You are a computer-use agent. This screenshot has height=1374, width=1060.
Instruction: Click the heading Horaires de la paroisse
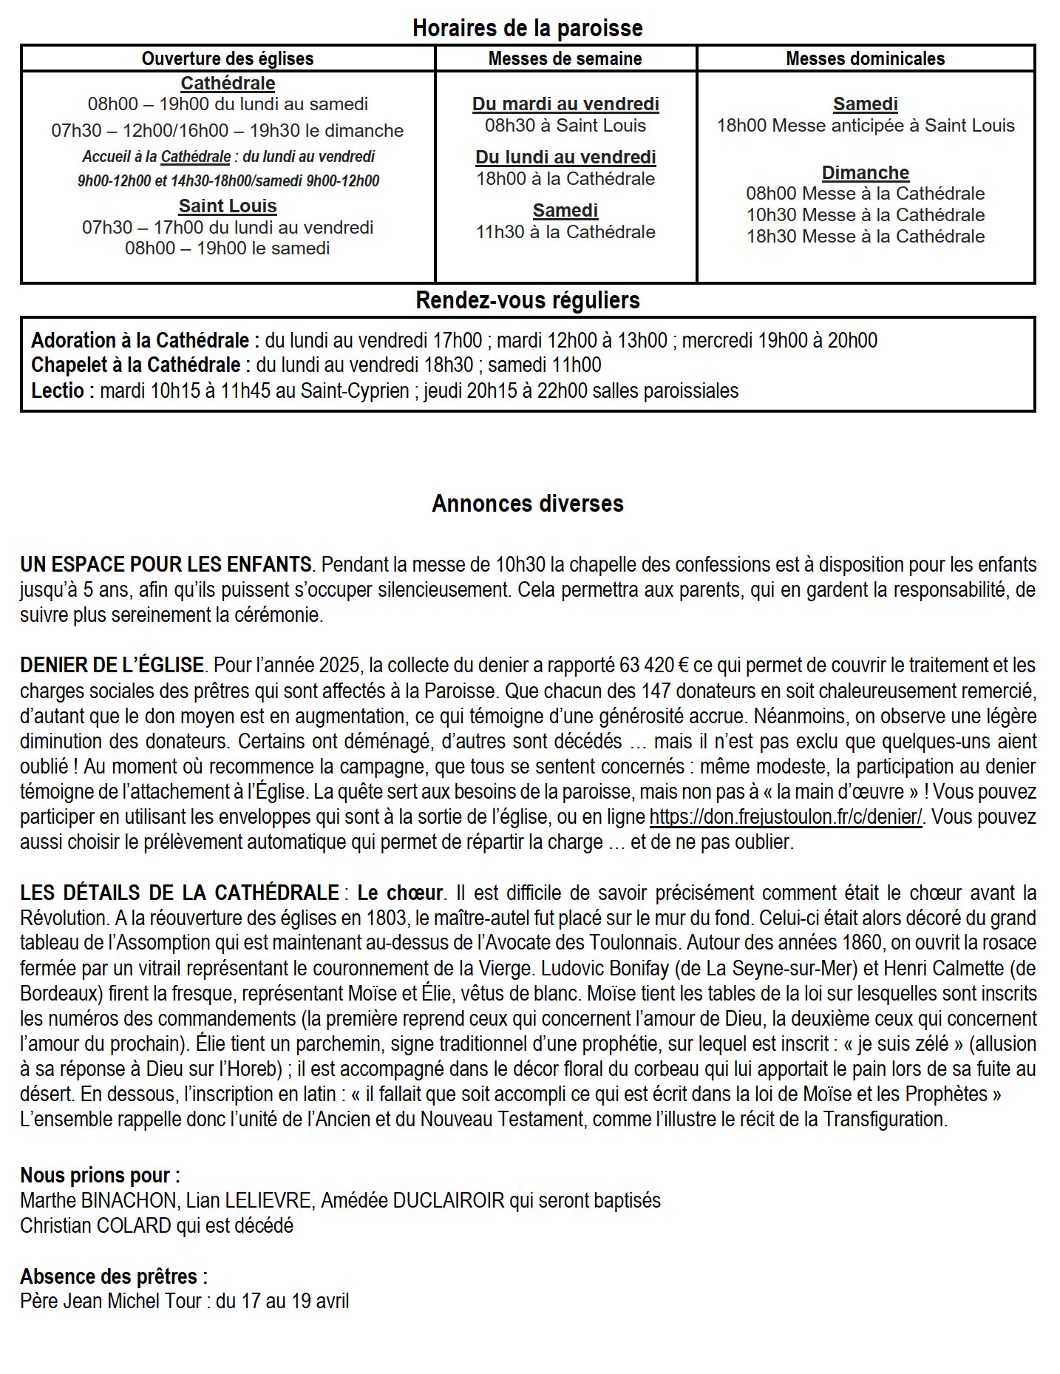coord(527,28)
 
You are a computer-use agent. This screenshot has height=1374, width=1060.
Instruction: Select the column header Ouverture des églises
coord(228,59)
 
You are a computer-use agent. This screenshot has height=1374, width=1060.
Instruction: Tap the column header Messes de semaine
coord(565,59)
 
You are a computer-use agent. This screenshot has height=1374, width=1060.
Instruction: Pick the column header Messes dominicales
coord(865,59)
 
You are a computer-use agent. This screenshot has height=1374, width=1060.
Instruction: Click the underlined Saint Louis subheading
coord(228,206)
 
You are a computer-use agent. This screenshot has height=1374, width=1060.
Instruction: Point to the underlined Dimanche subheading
coord(865,173)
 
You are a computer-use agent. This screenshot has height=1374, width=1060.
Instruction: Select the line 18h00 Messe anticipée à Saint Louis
coord(865,126)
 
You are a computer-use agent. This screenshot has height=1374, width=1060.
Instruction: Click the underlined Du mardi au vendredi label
coord(565,104)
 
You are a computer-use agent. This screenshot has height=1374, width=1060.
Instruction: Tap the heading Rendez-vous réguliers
coord(527,300)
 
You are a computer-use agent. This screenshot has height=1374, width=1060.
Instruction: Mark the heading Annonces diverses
coord(527,504)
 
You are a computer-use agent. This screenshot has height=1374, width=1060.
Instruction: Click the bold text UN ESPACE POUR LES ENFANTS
coord(166,565)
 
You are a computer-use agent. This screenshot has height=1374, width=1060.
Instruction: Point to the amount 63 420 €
coord(653,666)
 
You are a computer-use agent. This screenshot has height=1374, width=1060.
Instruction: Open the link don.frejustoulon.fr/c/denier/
coord(785,817)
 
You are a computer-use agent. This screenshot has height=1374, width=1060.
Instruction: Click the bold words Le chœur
coord(400,893)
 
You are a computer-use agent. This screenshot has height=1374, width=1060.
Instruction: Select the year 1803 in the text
coord(385,918)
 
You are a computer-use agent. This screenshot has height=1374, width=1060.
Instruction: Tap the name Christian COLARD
coord(95,1226)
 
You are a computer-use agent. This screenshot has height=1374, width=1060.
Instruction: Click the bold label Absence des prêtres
coord(113,1277)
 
